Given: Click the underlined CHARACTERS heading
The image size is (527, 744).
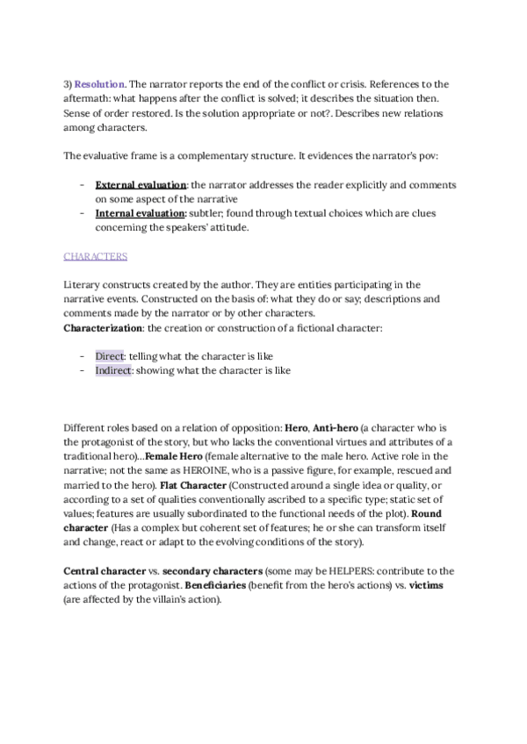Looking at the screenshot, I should (96, 256).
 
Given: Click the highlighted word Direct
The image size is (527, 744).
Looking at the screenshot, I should (111, 356).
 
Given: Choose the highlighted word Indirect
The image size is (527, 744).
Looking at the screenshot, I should (114, 370).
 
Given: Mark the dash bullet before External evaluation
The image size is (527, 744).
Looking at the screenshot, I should (82, 185).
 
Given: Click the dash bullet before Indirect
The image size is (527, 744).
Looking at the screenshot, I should (82, 370).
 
